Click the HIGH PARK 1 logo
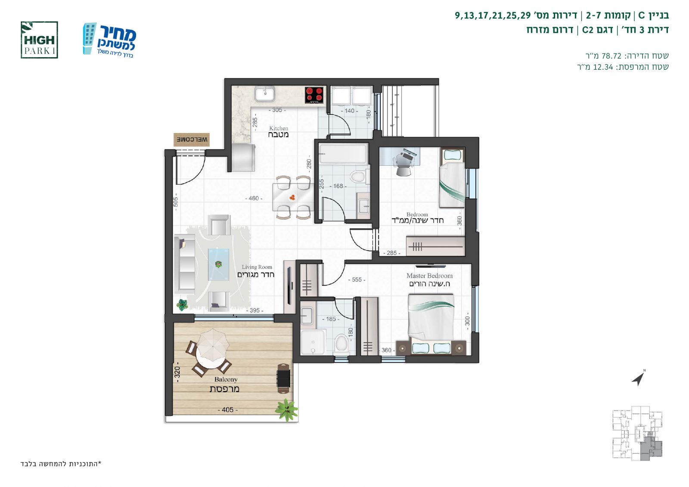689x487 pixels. [39, 40]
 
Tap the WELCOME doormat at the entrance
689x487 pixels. [192, 140]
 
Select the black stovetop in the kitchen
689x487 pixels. [314, 95]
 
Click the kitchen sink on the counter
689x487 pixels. [265, 93]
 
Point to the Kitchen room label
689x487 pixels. [279, 131]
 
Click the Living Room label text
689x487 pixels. [256, 271]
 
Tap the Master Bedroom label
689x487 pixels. [430, 279]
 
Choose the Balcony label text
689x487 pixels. [225, 385]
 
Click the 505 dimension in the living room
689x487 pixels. [175, 202]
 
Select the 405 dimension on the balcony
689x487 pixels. [228, 410]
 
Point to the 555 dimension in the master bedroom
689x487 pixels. [357, 279]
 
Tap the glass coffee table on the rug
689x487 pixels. [218, 264]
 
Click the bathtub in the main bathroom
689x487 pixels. [343, 154]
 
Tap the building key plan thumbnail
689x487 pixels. [637, 433]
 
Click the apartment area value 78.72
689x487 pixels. [611, 56]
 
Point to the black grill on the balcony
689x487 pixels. [283, 378]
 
